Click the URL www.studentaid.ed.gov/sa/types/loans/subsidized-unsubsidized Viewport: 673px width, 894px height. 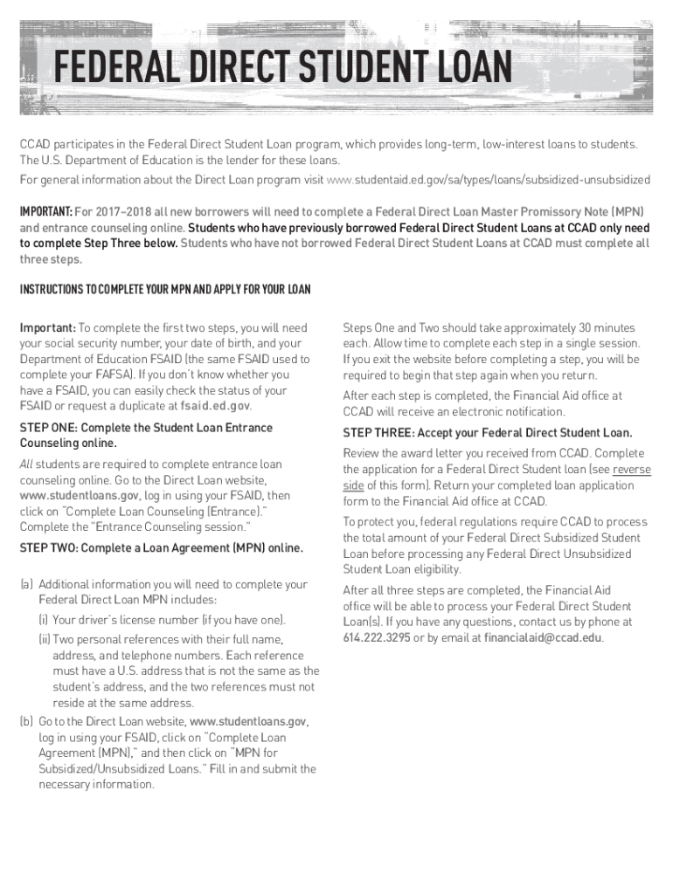[x=488, y=180]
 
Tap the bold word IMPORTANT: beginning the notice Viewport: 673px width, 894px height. [x=45, y=212]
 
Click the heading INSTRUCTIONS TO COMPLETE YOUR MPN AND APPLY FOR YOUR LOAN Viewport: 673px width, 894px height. [x=165, y=289]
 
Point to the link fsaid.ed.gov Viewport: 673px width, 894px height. [x=215, y=406]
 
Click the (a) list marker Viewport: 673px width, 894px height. [x=27, y=585]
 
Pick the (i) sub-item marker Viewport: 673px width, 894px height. [x=43, y=620]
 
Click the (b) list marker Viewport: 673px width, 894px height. [x=27, y=722]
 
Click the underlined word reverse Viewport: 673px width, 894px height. [x=632, y=470]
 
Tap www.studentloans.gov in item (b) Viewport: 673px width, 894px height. [x=247, y=722]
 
